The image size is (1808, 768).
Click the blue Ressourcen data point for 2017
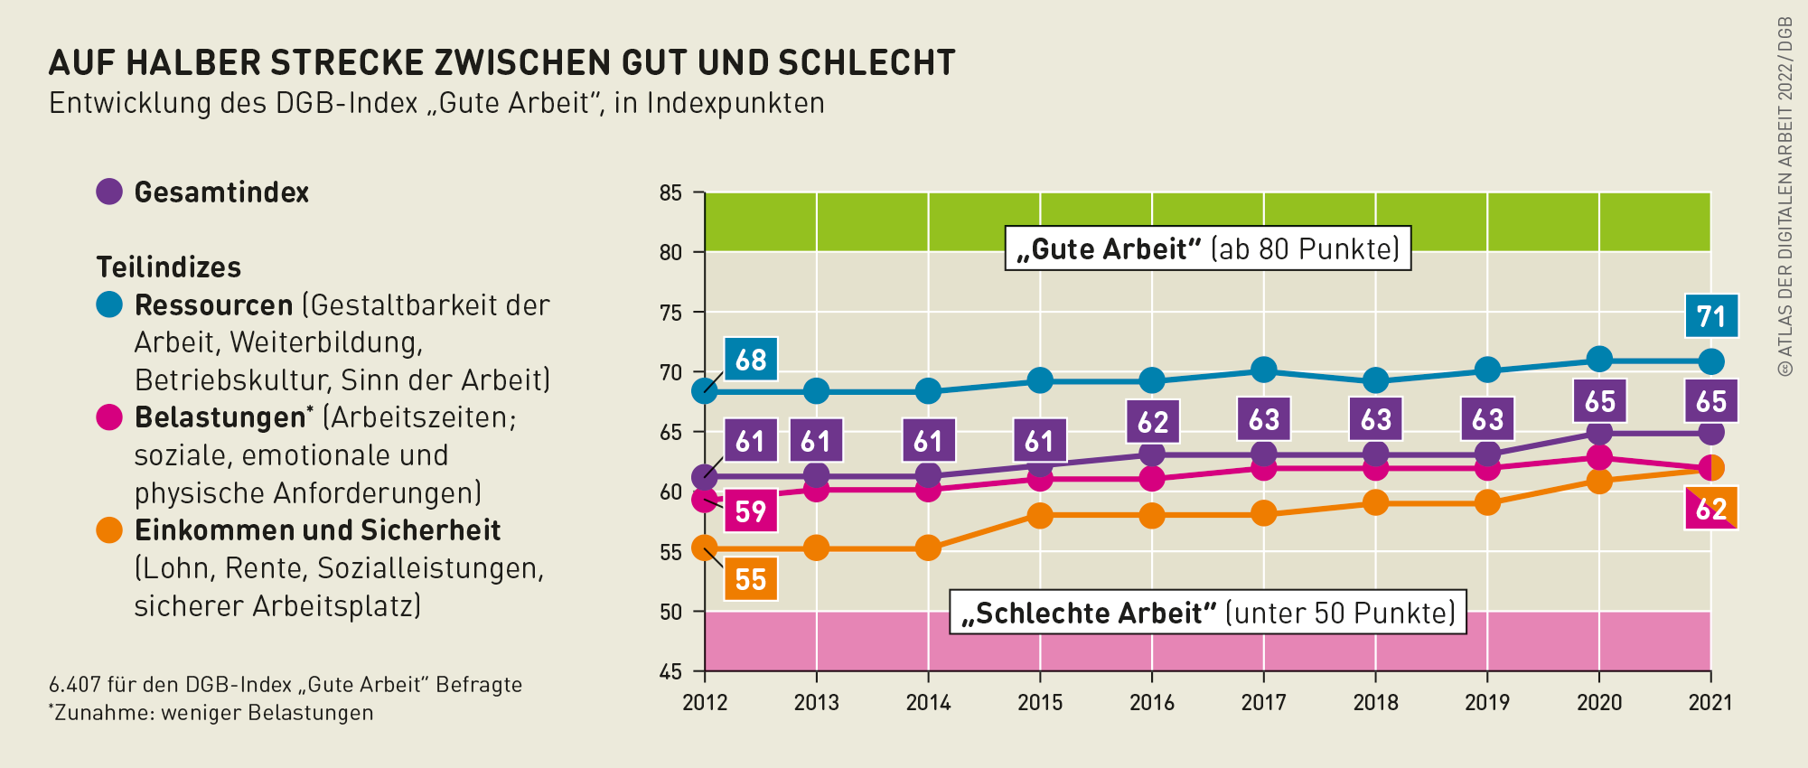[1263, 370]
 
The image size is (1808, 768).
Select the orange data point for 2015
[1040, 516]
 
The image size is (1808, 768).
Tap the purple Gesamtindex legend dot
[109, 192]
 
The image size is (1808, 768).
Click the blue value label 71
[1711, 316]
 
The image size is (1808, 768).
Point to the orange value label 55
[751, 579]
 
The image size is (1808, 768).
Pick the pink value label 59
[751, 511]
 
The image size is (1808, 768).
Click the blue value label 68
[751, 360]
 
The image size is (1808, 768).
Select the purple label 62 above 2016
[1152, 422]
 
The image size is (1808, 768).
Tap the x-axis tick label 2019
[1487, 702]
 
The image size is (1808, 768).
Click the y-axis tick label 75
[670, 313]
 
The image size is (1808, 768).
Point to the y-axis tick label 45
[670, 671]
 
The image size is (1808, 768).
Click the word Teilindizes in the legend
[169, 267]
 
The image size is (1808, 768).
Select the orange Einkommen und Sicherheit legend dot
[109, 530]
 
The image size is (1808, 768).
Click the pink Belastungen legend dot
[109, 417]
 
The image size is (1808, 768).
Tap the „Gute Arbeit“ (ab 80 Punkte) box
[1207, 248]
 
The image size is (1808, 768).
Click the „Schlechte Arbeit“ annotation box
[1207, 613]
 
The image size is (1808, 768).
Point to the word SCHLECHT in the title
[867, 62]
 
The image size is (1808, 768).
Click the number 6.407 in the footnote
[74, 685]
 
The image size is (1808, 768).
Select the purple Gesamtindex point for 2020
[1599, 433]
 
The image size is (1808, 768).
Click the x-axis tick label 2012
[705, 702]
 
